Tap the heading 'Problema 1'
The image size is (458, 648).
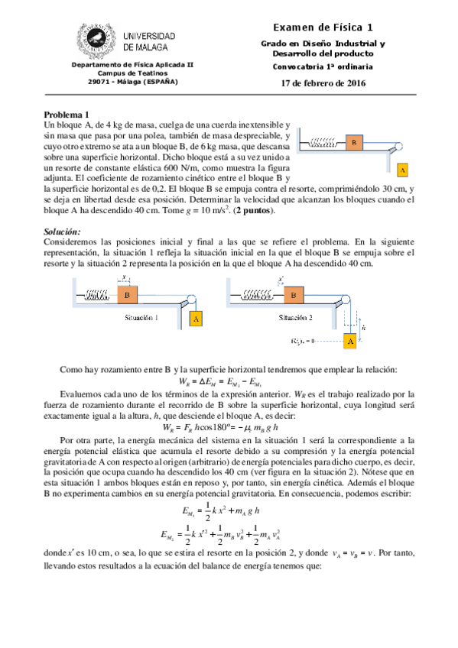point(67,114)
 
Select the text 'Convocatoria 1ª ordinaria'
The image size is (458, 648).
point(323,66)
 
